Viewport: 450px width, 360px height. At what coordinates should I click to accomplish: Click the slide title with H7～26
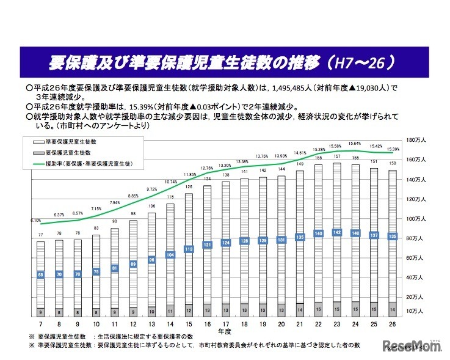(224, 62)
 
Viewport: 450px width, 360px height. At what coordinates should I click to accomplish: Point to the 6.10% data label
(35, 220)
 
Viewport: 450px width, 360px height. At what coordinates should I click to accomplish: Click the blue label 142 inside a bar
(336, 232)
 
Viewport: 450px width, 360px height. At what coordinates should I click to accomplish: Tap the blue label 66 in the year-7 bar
(40, 274)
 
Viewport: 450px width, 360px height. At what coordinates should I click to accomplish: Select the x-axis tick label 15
(189, 324)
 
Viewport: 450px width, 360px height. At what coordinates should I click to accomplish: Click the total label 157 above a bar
(337, 156)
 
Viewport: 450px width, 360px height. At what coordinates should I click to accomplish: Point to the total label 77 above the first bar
(40, 235)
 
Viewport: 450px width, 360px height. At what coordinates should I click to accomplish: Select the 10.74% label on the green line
(171, 182)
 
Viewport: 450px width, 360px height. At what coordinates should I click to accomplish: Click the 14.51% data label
(300, 153)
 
